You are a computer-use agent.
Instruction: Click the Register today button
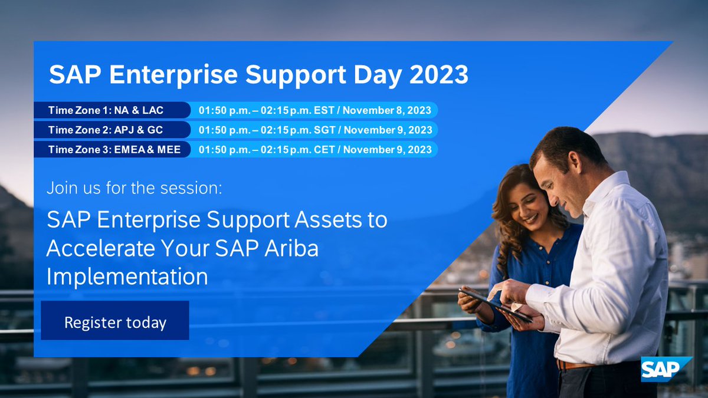click(x=115, y=322)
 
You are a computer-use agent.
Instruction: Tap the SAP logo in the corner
click(x=666, y=370)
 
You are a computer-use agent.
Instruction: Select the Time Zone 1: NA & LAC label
click(x=106, y=110)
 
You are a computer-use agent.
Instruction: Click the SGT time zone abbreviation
click(x=324, y=130)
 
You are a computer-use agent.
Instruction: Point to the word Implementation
click(x=127, y=276)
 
